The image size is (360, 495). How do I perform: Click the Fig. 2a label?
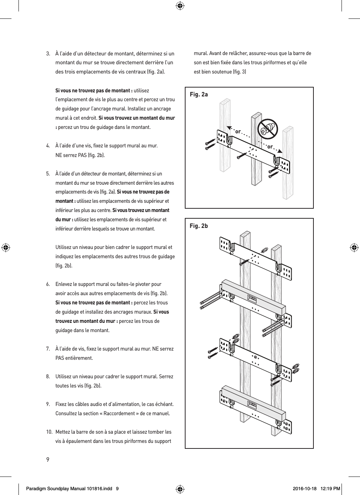coord(198,95)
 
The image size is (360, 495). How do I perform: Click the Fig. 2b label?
coord(198,226)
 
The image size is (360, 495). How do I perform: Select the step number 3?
coord(48,54)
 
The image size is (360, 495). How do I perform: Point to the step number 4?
coord(48,146)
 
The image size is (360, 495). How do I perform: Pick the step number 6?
coord(48,284)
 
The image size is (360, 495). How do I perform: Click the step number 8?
coord(48,377)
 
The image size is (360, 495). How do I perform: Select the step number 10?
coord(49,432)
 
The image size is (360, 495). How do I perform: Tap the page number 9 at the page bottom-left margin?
coord(48,460)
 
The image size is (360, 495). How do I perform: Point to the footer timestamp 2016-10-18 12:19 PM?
coord(316,489)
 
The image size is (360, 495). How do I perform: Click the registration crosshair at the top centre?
coord(180,6)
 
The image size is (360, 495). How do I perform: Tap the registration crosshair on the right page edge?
coord(354,247)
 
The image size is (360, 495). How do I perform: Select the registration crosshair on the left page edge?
coord(6,247)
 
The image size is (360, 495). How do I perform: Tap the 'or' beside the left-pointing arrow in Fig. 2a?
coord(238,132)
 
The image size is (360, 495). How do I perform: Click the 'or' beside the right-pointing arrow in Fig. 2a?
coord(270,147)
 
